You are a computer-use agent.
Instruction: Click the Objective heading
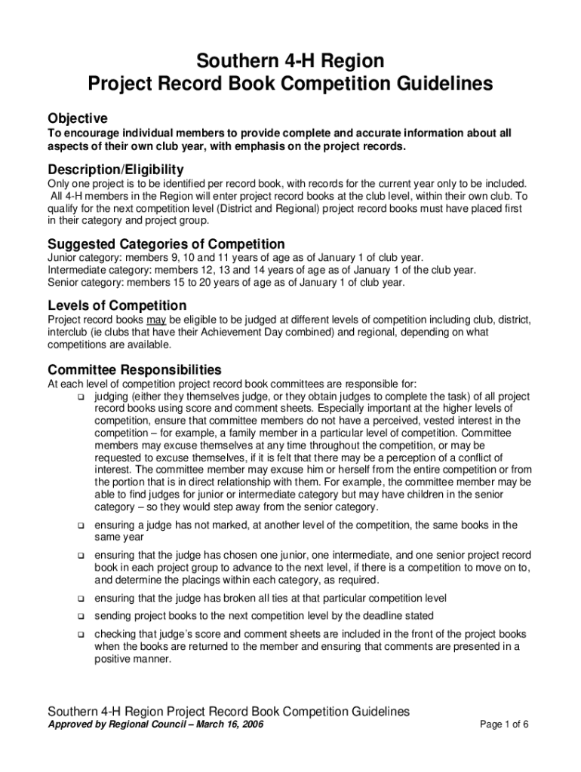[78, 118]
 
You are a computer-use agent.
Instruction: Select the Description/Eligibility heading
[115, 169]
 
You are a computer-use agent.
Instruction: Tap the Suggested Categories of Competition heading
[166, 244]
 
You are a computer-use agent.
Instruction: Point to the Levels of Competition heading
[117, 305]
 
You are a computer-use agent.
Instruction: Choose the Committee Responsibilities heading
[134, 369]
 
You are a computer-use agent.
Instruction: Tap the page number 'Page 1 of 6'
[504, 725]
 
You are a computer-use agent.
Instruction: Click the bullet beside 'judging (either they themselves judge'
[80, 397]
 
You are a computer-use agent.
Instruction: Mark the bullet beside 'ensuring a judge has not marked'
[80, 525]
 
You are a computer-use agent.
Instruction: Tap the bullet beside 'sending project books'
[80, 616]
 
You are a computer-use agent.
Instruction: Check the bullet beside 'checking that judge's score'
[80, 634]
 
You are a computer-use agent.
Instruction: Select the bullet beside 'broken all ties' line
[80, 598]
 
